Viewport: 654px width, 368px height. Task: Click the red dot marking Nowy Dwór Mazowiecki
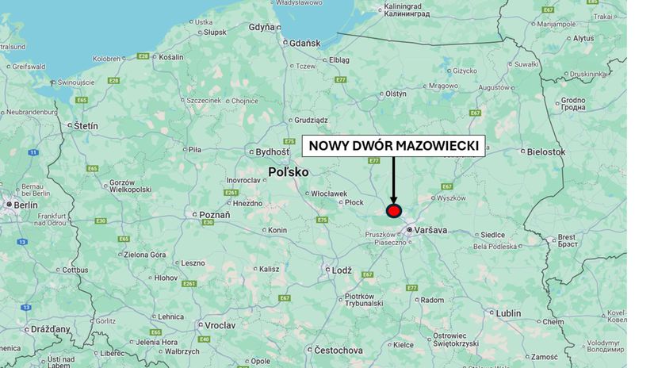point(394,210)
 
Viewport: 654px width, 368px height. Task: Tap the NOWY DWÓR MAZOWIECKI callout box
point(394,146)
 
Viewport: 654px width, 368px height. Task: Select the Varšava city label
point(430,230)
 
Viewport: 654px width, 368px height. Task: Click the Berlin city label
point(25,204)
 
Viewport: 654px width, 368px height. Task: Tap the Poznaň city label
point(214,214)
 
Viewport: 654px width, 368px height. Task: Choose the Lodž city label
point(342,270)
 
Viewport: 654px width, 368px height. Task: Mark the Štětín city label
point(86,125)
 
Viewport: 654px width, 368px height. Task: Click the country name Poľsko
point(288,171)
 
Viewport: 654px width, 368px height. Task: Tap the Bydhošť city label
point(273,151)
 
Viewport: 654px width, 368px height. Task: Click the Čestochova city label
point(338,350)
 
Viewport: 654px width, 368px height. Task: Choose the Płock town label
point(354,202)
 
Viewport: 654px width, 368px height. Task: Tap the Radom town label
point(432,300)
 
